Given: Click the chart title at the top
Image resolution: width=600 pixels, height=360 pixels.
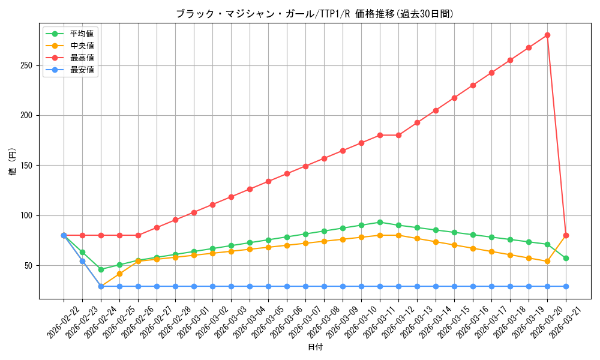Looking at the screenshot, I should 314,14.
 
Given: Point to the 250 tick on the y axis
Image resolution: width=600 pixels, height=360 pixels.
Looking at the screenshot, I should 30,65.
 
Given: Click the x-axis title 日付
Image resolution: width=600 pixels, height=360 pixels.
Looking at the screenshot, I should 314,347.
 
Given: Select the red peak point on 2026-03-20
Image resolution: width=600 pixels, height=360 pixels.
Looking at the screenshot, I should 547,35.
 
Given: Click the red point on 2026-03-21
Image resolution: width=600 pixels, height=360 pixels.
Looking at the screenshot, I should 566,235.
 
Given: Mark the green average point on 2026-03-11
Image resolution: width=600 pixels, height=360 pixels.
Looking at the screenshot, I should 380,222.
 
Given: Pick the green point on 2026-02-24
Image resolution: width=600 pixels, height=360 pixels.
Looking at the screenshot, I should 101,269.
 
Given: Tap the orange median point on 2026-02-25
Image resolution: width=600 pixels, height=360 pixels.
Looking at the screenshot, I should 119,274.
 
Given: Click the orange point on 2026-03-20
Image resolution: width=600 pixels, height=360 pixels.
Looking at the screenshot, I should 547,261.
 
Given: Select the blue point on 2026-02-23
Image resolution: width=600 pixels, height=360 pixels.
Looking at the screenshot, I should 82,261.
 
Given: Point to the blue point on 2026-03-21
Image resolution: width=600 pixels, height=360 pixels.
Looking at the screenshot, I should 566,286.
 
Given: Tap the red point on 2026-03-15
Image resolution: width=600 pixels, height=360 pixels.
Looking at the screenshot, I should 454,98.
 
